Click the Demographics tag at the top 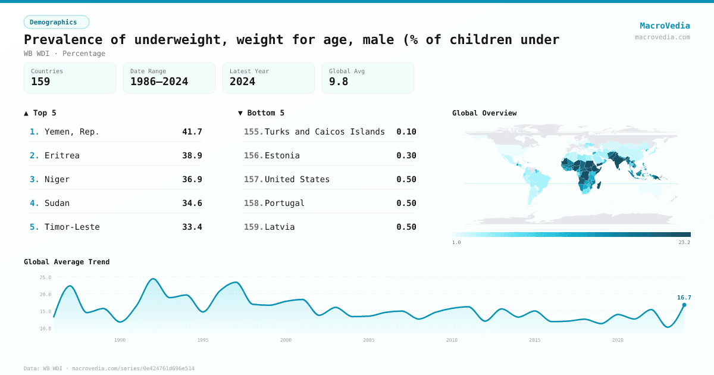[56, 22]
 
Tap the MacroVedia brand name [665, 26]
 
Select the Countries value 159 [40, 82]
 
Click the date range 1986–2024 [159, 82]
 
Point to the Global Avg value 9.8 [338, 82]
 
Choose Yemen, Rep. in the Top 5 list [72, 132]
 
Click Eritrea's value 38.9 [192, 155]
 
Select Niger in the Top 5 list [57, 179]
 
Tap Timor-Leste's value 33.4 [192, 227]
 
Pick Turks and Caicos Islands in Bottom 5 [324, 132]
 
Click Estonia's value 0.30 [406, 155]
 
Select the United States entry [297, 179]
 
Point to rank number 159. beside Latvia [253, 227]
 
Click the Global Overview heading [484, 113]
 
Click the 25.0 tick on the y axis [45, 277]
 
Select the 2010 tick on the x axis [452, 340]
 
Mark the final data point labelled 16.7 [684, 305]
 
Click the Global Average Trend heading [67, 262]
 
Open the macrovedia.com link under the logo [662, 37]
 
